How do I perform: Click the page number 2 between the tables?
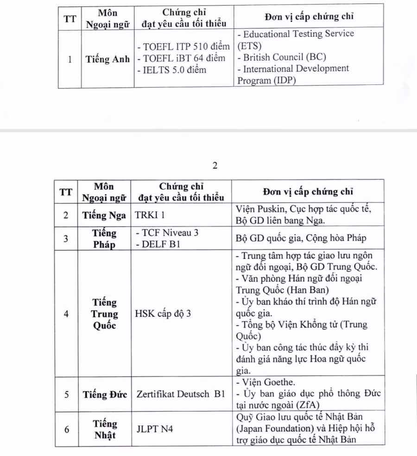tap(215, 166)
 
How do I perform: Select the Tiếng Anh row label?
tap(107, 59)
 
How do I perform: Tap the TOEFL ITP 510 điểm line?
tap(183, 47)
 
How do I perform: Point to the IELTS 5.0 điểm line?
tap(171, 70)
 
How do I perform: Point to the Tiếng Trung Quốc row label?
tap(105, 314)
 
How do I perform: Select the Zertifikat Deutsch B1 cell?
tap(181, 394)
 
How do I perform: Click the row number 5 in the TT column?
tap(67, 394)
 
